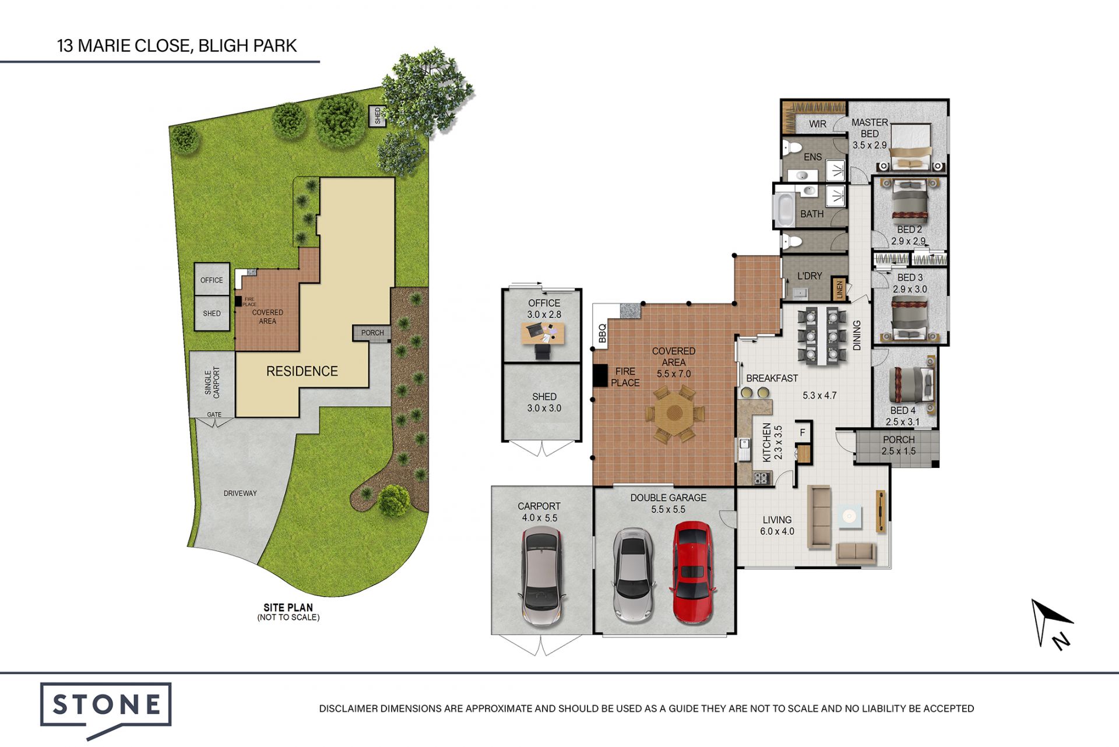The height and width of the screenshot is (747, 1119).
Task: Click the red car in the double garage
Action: pyautogui.click(x=692, y=573)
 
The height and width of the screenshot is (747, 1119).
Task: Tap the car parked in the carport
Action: pyautogui.click(x=542, y=577)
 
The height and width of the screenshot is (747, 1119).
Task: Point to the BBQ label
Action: pyautogui.click(x=602, y=333)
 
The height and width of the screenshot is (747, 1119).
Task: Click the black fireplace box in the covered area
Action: pyautogui.click(x=600, y=375)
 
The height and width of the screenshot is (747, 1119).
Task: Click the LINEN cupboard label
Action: pyautogui.click(x=839, y=289)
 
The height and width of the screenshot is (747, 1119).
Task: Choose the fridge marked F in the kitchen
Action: pyautogui.click(x=803, y=432)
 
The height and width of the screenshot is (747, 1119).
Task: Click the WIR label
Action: pyautogui.click(x=818, y=124)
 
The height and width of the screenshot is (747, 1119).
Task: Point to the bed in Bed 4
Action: pyautogui.click(x=912, y=385)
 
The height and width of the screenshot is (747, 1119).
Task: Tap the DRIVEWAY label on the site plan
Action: pyautogui.click(x=240, y=494)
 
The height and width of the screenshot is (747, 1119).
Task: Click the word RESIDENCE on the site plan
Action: pyautogui.click(x=302, y=371)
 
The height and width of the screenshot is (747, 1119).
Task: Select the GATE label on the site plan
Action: pyautogui.click(x=214, y=415)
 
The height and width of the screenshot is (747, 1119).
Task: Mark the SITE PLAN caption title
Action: pyautogui.click(x=288, y=607)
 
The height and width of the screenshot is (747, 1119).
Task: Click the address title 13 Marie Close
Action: pyautogui.click(x=177, y=45)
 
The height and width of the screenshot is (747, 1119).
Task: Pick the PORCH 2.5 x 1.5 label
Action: pyautogui.click(x=898, y=445)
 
